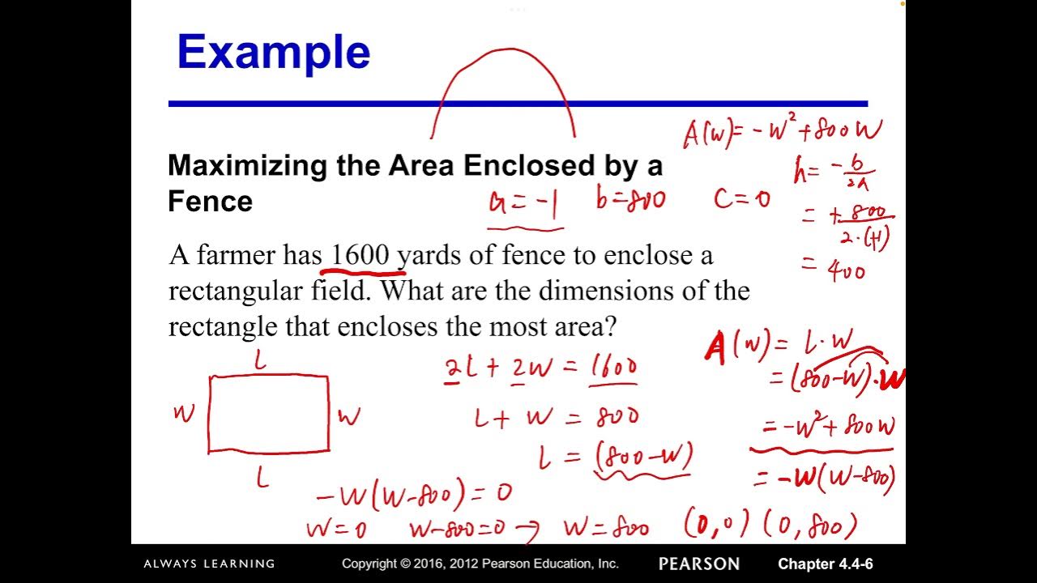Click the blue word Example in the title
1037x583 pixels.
273,53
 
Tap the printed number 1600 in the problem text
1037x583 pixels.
359,255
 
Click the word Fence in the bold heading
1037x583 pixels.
210,201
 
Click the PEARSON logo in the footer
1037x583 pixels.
698,564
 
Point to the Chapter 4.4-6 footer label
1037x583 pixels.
825,564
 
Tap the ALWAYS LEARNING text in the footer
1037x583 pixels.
209,564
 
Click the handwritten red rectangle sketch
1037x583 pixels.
269,413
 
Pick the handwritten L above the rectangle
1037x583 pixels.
259,362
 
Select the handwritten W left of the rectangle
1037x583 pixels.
185,414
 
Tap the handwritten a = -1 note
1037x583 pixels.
523,202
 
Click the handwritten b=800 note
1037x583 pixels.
630,199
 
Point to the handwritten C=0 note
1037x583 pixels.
741,198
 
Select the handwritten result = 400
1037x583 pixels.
834,270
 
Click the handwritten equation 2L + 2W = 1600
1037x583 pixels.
540,368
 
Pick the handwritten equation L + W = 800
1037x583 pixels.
556,418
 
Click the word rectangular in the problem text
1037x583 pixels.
269,291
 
